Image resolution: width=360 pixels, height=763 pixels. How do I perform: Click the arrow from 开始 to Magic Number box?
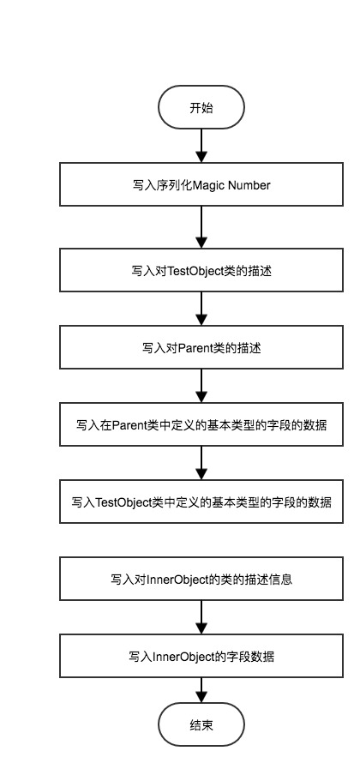[x=201, y=146]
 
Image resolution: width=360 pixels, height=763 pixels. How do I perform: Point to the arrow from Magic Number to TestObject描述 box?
[x=201, y=227]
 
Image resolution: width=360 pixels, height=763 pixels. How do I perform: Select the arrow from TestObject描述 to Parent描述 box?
[x=201, y=309]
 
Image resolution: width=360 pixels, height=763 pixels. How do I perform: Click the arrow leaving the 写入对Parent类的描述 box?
[x=201, y=386]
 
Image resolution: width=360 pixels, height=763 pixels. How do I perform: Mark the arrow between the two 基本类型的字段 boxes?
[x=201, y=463]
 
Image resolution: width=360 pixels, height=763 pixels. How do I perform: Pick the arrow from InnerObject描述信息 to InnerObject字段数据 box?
[x=201, y=617]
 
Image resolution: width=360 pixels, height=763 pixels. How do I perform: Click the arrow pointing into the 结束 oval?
[x=201, y=690]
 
